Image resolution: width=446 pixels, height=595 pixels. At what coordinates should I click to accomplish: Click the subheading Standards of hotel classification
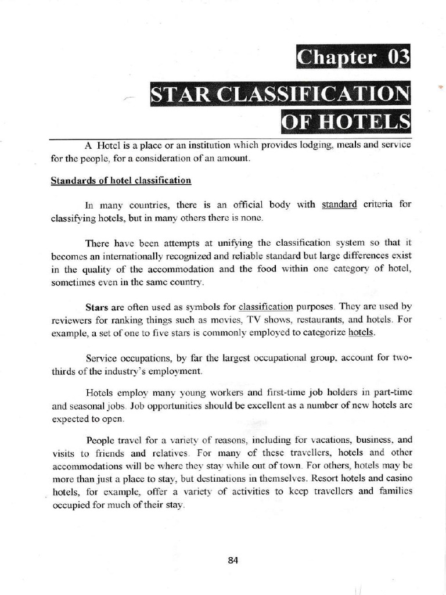(121, 180)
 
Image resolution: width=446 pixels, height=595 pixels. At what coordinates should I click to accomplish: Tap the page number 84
(233, 560)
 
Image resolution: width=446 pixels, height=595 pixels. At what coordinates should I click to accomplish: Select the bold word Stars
(96, 306)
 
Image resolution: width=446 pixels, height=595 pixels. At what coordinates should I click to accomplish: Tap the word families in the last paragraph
(394, 492)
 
